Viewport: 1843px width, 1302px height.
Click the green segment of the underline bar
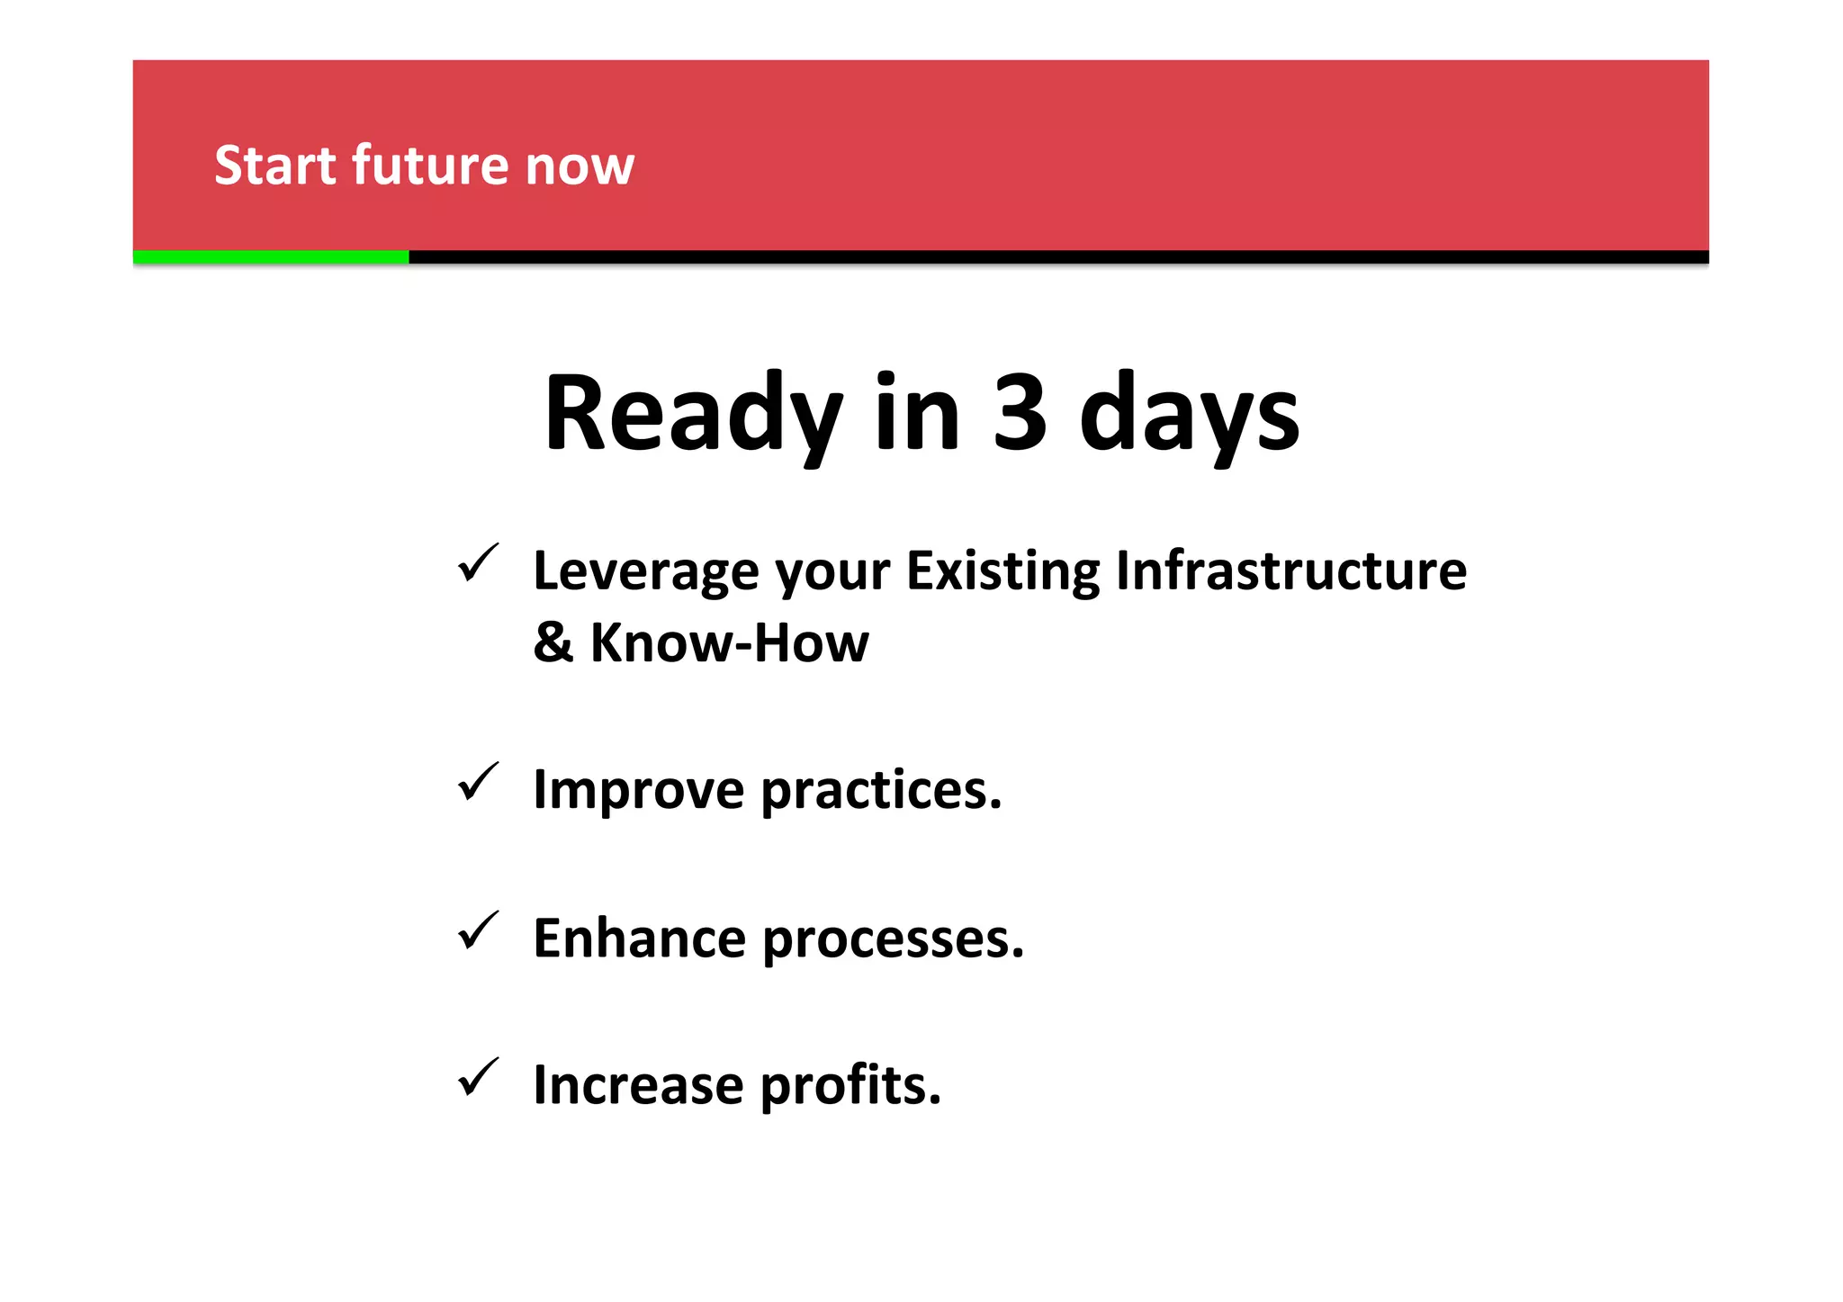pyautogui.click(x=270, y=257)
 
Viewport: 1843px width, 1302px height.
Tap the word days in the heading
pyautogui.click(x=1189, y=416)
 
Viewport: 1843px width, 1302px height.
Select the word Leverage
pyautogui.click(x=645, y=571)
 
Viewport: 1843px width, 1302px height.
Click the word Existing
pyautogui.click(x=1002, y=571)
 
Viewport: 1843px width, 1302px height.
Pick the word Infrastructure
pyautogui.click(x=1290, y=571)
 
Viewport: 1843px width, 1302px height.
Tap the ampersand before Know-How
pyautogui.click(x=553, y=642)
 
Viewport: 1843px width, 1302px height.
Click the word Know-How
pyautogui.click(x=729, y=642)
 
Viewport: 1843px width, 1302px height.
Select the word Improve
pyautogui.click(x=638, y=790)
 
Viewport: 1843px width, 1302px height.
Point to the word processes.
pyautogui.click(x=893, y=940)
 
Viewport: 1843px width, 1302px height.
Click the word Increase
pyautogui.click(x=638, y=1085)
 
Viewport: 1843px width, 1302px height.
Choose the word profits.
pyautogui.click(x=850, y=1087)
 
